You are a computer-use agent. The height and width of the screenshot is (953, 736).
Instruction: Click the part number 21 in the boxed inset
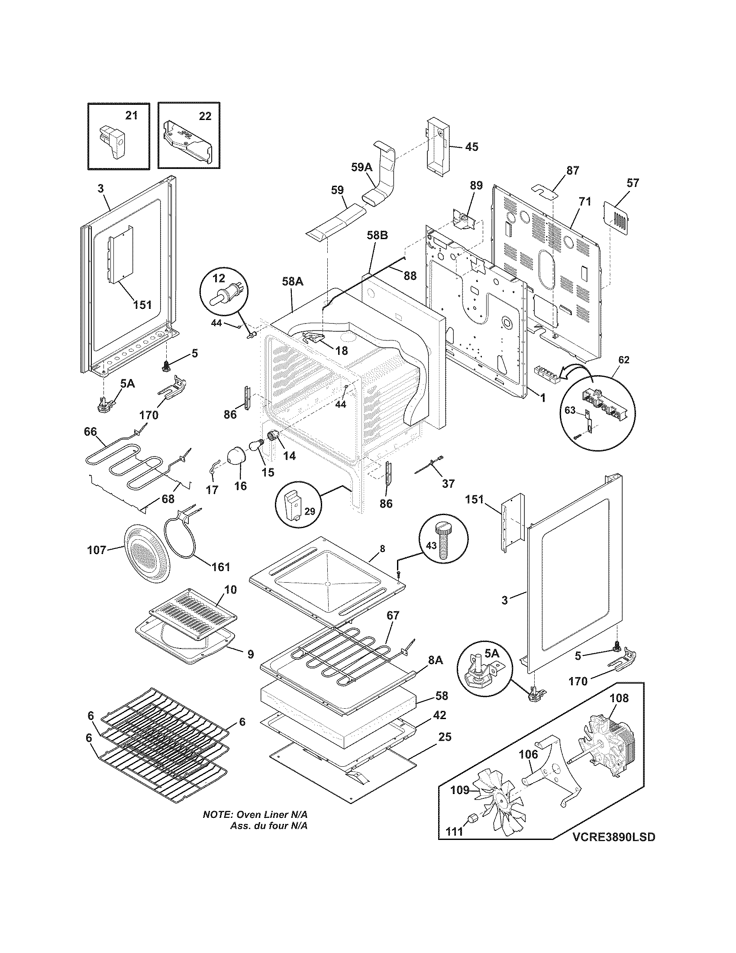coord(131,116)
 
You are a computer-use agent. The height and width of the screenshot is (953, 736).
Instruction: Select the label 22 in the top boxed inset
coord(205,116)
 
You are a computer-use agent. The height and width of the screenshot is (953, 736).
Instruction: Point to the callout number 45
coord(471,146)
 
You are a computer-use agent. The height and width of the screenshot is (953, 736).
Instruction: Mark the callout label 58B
coord(377,235)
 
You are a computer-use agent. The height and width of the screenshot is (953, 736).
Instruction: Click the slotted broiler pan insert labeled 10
coord(193,609)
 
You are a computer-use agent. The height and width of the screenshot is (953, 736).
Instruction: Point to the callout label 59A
coord(362,167)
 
